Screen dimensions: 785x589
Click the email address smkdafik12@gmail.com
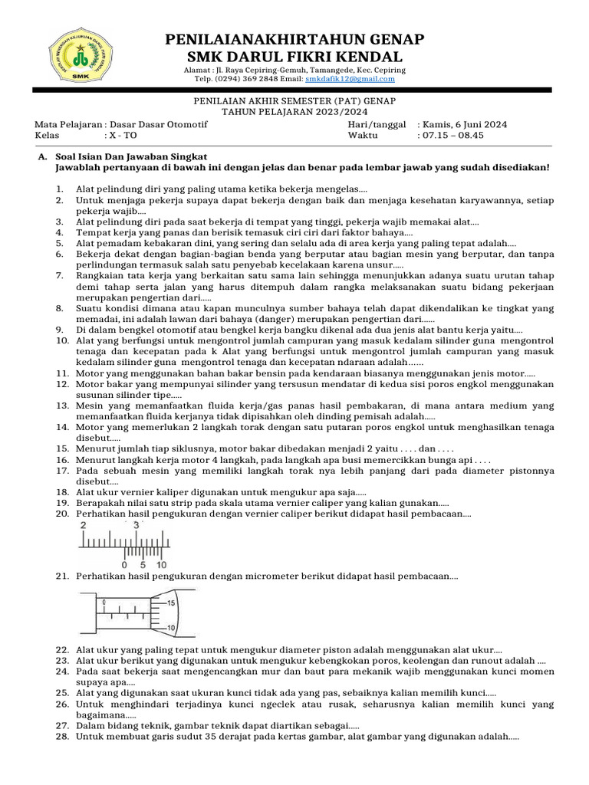pos(350,79)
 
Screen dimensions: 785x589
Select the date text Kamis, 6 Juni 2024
pos(462,124)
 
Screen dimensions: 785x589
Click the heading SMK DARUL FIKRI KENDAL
pos(294,57)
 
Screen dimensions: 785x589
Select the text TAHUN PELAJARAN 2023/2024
pos(294,110)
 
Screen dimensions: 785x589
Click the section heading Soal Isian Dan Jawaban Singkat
pos(131,156)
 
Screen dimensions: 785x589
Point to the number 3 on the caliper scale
pos(137,526)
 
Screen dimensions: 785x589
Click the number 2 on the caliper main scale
pos(84,526)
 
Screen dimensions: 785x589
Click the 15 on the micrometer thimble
pos(171,603)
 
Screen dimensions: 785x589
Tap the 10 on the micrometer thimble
pos(171,629)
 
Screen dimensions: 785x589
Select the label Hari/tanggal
pos(377,124)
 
